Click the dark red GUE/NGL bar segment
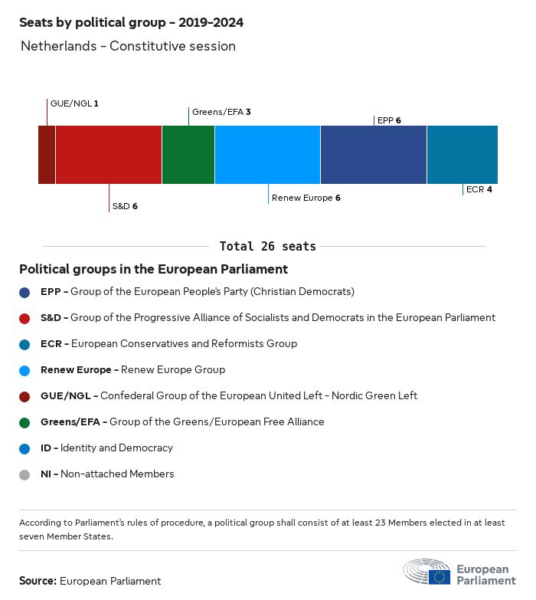point(47,155)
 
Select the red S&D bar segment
point(109,155)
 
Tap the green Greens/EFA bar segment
point(188,155)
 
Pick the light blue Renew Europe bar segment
point(267,155)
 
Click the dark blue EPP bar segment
point(374,155)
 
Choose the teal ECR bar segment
point(462,155)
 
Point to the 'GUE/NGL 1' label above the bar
point(74,103)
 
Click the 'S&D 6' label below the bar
point(125,206)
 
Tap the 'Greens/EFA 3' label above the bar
point(221,112)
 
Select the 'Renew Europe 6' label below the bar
point(306,198)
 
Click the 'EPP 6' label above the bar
point(389,120)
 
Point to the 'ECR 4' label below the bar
point(479,189)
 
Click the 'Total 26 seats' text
point(267,246)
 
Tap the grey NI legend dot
point(25,474)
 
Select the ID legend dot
point(25,448)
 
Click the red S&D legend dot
point(25,318)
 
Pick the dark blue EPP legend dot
point(25,292)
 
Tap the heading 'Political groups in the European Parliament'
point(153,269)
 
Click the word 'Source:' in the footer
point(38,581)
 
